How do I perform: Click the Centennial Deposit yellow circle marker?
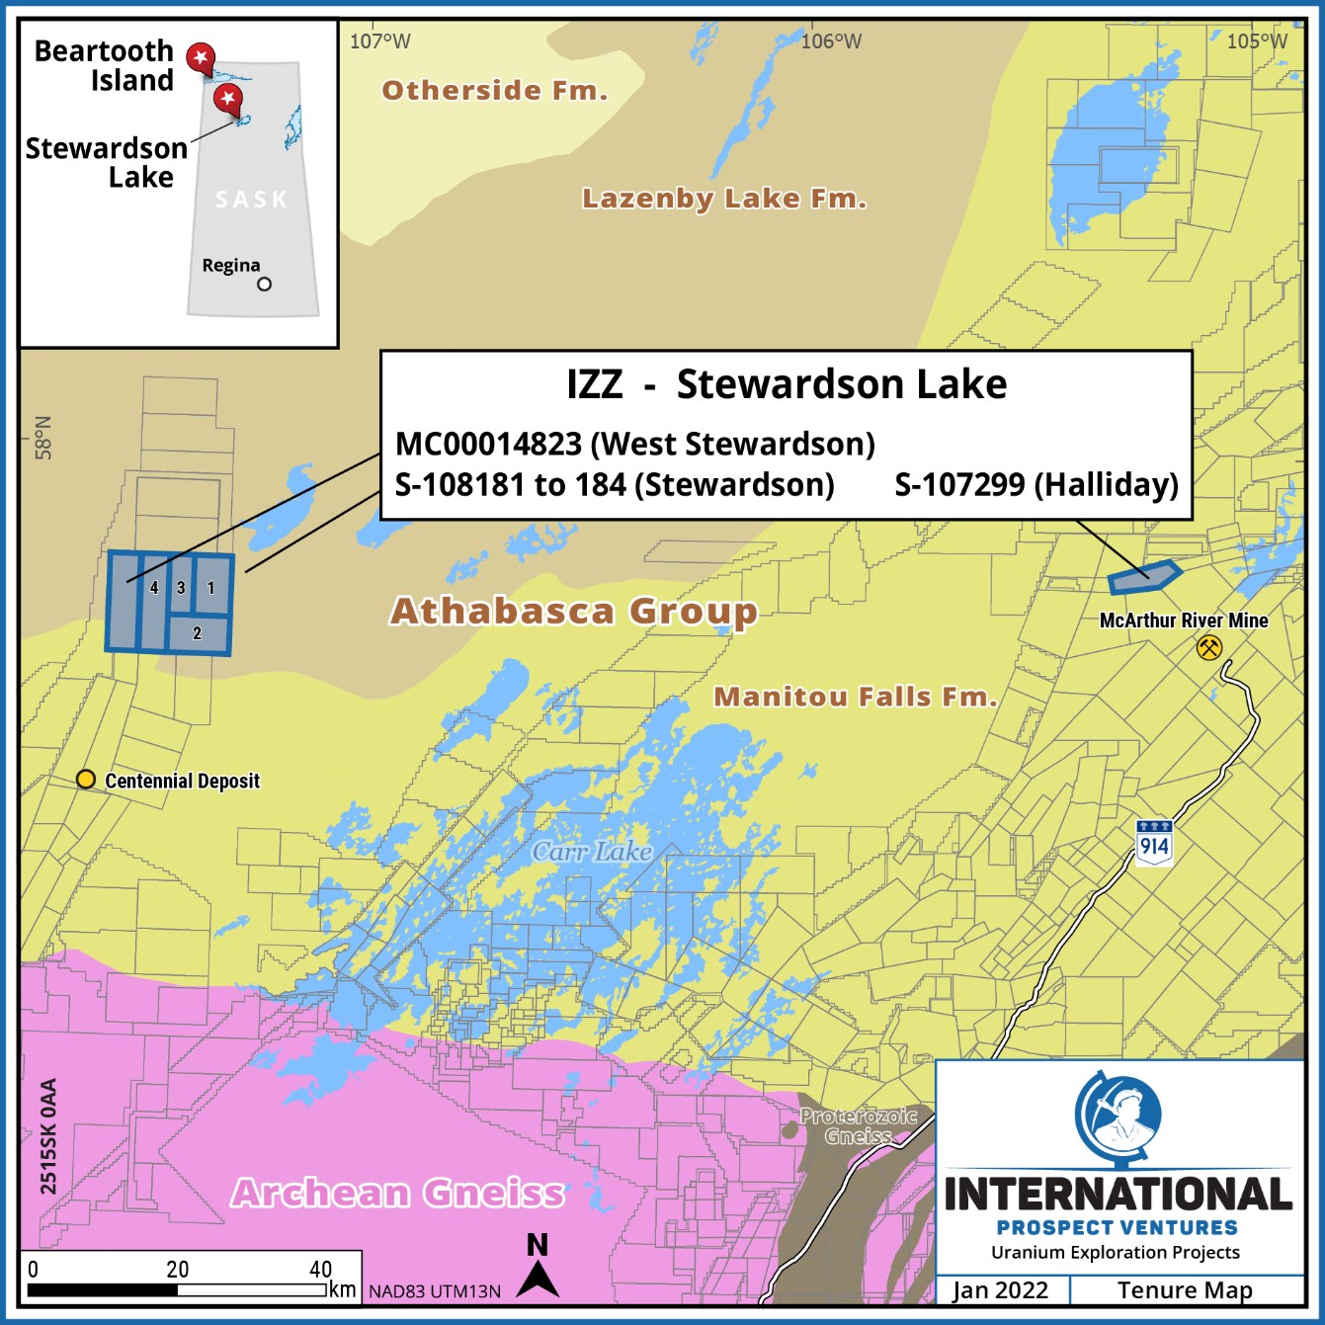86,780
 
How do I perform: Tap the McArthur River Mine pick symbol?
1208,648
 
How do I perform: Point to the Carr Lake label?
592,852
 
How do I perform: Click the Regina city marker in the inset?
264,285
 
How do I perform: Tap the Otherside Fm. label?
494,91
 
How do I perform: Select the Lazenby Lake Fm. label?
723,199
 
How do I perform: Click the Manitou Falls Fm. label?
855,697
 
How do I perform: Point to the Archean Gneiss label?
398,1194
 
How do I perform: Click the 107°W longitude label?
380,41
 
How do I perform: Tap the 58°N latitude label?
42,437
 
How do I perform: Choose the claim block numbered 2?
198,633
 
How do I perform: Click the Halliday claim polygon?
1143,577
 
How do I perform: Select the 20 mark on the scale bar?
178,1270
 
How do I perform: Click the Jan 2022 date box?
1000,1290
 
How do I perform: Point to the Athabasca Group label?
574,612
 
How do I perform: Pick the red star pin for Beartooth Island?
201,58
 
